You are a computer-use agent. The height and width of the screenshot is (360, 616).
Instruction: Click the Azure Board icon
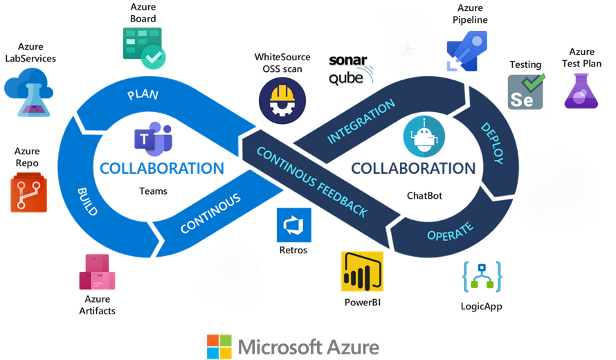(145, 47)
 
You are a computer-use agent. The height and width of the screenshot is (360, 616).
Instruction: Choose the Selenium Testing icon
(525, 91)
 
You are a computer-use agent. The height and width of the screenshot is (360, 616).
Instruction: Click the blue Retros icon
(294, 224)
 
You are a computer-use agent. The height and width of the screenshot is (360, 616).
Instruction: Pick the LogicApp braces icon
(482, 276)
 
